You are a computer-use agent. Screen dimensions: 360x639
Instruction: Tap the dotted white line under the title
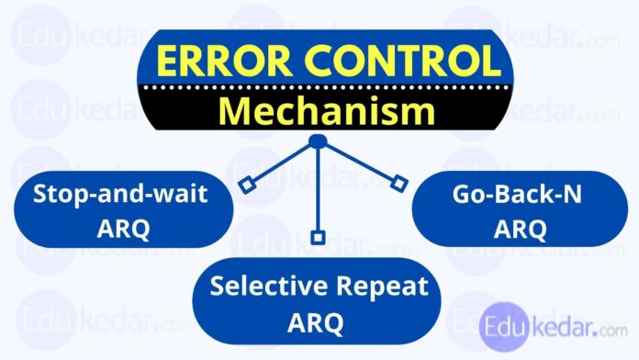(319, 89)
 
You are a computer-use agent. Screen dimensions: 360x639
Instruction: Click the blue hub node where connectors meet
(318, 141)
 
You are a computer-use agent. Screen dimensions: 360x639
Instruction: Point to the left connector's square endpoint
(245, 187)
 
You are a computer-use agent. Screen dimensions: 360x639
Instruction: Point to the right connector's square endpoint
(398, 184)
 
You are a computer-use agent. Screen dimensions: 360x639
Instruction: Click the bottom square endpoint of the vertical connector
(318, 237)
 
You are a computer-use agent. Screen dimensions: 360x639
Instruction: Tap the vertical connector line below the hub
(318, 188)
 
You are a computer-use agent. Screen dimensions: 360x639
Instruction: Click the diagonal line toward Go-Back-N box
(360, 163)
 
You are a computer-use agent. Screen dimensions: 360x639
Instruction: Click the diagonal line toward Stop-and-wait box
(280, 164)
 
